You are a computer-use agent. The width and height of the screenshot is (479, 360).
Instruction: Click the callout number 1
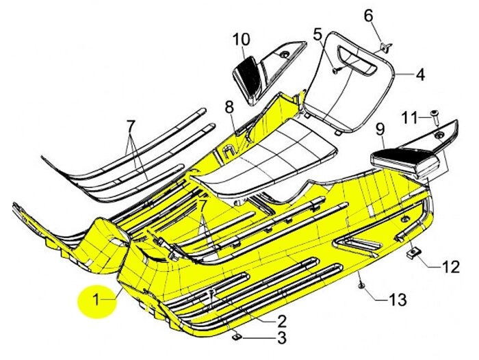[96, 299]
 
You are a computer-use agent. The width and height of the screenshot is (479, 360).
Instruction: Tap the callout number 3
[281, 337]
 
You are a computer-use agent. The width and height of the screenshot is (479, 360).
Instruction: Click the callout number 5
[318, 33]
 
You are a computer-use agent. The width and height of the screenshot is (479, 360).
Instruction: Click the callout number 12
[450, 266]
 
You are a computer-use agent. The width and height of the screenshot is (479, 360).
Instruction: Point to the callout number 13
[397, 299]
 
